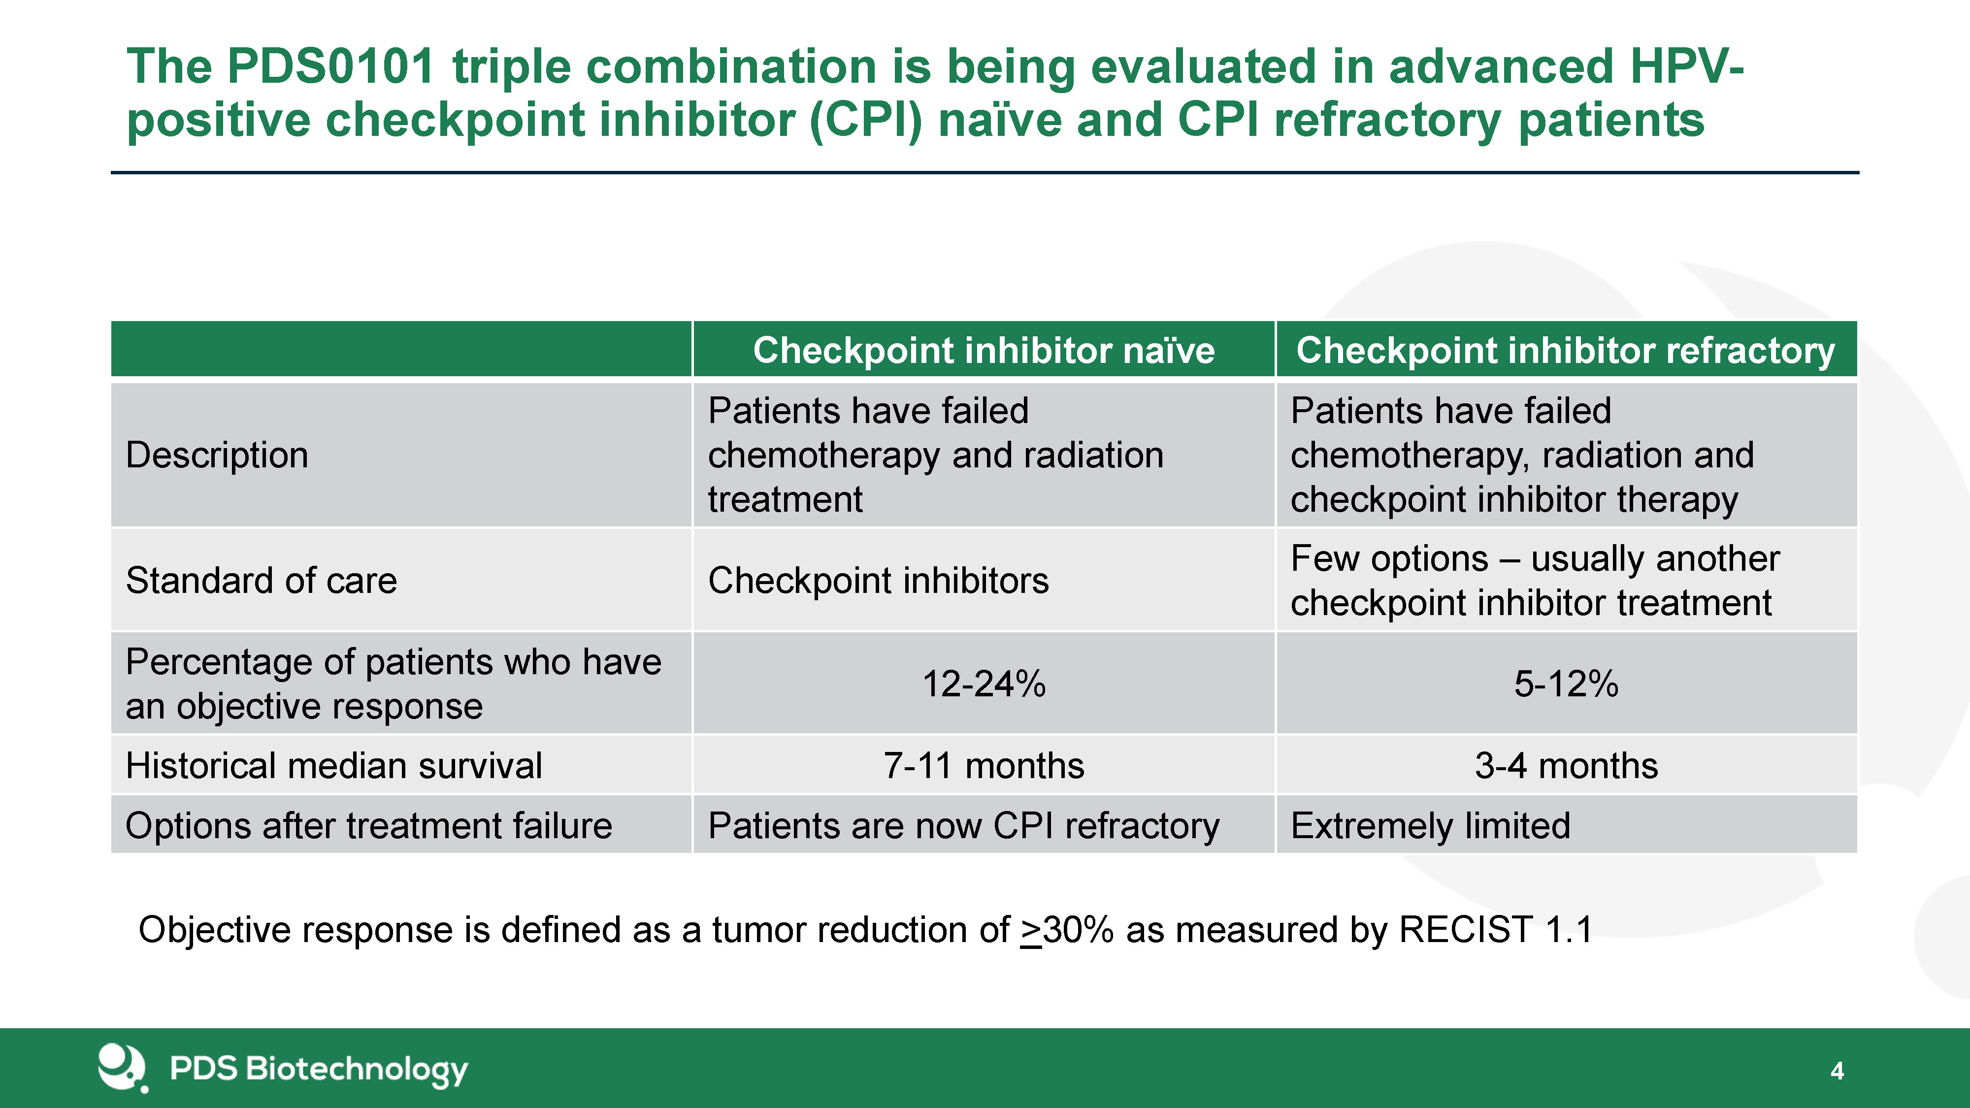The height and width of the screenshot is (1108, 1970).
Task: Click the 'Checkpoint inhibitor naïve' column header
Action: [x=984, y=350]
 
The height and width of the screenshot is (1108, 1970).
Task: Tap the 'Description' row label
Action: [x=217, y=455]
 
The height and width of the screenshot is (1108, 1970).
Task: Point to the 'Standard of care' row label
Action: [x=262, y=581]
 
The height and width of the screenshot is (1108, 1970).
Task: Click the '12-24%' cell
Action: [x=984, y=684]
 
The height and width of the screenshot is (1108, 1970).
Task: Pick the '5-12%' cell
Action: [x=1566, y=684]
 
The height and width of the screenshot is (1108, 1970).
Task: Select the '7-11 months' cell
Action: [x=984, y=765]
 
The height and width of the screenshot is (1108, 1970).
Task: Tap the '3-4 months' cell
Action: [x=1566, y=765]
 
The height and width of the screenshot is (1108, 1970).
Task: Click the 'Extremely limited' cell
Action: [x=1430, y=826]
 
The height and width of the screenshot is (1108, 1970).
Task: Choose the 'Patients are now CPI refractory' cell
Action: [x=964, y=826]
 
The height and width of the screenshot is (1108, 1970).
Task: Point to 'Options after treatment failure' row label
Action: [x=368, y=826]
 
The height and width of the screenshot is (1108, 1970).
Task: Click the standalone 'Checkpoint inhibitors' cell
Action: [x=878, y=581]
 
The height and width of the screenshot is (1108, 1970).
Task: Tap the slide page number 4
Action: [x=1837, y=1071]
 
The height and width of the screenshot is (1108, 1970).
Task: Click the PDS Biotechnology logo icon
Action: [x=122, y=1068]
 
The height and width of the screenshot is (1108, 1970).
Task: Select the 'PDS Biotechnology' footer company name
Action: [x=318, y=1069]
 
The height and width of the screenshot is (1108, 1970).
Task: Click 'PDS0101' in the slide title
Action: [x=330, y=66]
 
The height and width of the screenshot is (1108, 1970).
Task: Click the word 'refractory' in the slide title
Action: [x=1386, y=121]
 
